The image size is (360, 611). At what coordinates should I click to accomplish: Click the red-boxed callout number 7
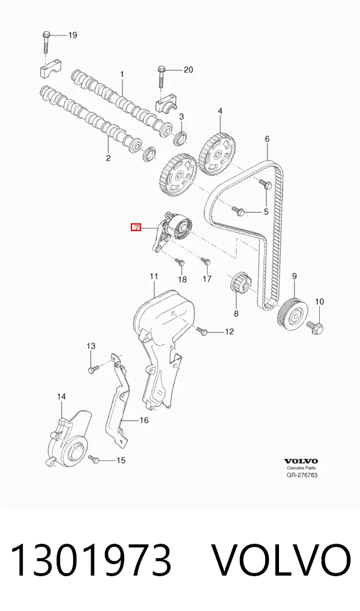pos(136,227)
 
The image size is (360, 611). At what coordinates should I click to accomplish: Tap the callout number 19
pos(73,35)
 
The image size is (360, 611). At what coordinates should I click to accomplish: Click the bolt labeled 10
pos(316,327)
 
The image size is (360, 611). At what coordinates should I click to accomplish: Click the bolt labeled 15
pos(94,459)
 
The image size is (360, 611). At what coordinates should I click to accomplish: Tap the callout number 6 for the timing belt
pos(267,139)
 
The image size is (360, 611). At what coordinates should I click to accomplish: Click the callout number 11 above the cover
pos(154,276)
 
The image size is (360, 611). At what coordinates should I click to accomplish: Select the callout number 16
pos(144,420)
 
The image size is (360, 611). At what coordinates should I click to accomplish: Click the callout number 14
pos(61,397)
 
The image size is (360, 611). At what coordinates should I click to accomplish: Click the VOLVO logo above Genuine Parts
pos(301,462)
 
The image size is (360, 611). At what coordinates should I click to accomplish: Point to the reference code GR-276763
pos(302,475)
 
